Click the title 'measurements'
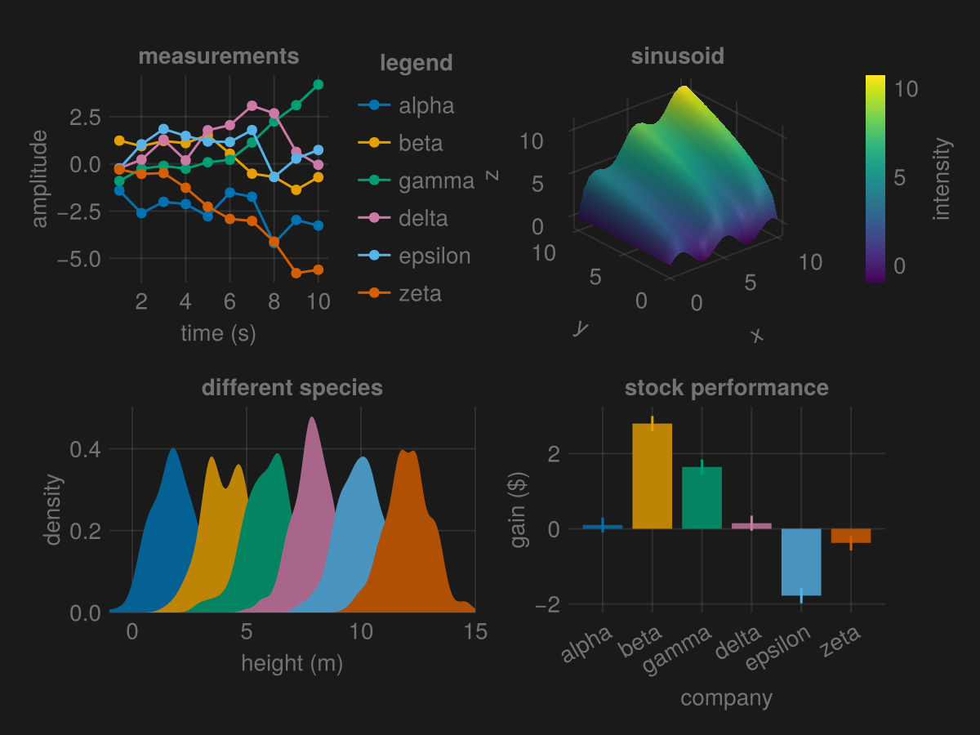coord(218,56)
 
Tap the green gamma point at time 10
coord(318,85)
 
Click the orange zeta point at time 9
coord(296,274)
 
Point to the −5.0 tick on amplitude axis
coord(79,258)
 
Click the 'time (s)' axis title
coord(218,333)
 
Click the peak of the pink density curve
coord(311,418)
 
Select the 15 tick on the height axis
coord(475,631)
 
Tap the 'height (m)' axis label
coord(292,664)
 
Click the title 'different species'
coord(292,387)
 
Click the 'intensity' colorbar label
coord(942,179)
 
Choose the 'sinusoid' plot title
coord(677,56)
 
